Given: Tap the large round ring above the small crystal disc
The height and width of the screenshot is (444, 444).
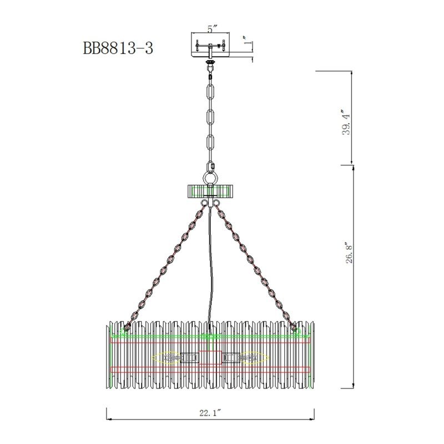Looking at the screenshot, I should coord(210,178).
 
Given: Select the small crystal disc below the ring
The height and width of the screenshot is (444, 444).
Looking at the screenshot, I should coord(210,190).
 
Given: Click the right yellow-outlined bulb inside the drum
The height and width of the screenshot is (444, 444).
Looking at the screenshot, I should coord(253,358).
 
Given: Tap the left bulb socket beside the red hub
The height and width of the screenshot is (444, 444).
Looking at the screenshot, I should coord(188,358).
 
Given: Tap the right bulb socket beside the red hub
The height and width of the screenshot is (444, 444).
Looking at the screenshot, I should coord(233,358).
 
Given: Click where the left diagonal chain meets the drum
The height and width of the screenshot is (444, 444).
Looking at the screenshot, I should coord(127,327).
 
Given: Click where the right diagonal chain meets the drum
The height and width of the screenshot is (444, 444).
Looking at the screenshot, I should coord(294,327).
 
